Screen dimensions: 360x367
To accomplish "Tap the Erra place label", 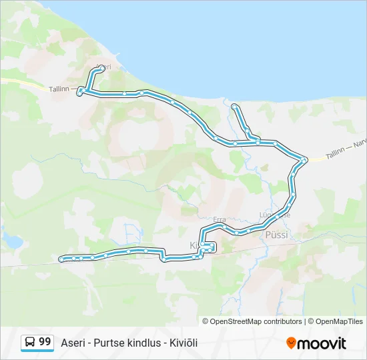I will (219, 219).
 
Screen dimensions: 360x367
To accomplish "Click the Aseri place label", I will (103, 67).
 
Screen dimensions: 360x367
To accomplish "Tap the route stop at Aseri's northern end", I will (101, 68).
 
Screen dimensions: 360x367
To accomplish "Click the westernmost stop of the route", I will (62, 259).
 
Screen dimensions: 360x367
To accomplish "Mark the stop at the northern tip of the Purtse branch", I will (234, 107).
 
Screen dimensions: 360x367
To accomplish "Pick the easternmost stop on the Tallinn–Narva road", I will (304, 159).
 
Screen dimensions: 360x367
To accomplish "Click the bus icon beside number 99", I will (30, 343).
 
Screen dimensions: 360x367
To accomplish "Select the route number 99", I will (45, 342).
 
